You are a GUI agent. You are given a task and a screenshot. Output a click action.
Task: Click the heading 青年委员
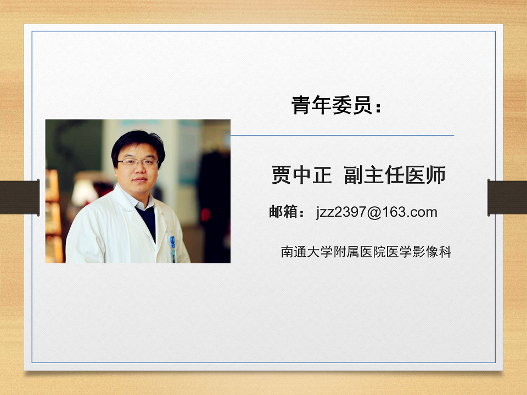tap(332, 105)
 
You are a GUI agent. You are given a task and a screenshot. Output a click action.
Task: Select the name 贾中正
tap(301, 175)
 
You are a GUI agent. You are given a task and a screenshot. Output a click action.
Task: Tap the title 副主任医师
tap(395, 175)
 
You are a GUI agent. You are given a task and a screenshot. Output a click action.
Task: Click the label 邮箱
tap(283, 212)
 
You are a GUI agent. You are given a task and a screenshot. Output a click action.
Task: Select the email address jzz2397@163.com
tap(377, 212)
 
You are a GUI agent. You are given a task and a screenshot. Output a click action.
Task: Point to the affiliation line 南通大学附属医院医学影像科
tap(366, 252)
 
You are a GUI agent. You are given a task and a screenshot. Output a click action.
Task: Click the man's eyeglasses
tap(138, 163)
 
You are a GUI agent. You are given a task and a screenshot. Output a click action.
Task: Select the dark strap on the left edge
tap(20, 197)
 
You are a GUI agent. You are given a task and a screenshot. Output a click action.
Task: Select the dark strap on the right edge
tap(507, 197)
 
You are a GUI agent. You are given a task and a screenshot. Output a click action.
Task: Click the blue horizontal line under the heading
tap(342, 136)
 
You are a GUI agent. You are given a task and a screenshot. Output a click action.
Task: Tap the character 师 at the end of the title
tap(436, 175)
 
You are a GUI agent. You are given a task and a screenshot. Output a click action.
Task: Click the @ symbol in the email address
tap(374, 212)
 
